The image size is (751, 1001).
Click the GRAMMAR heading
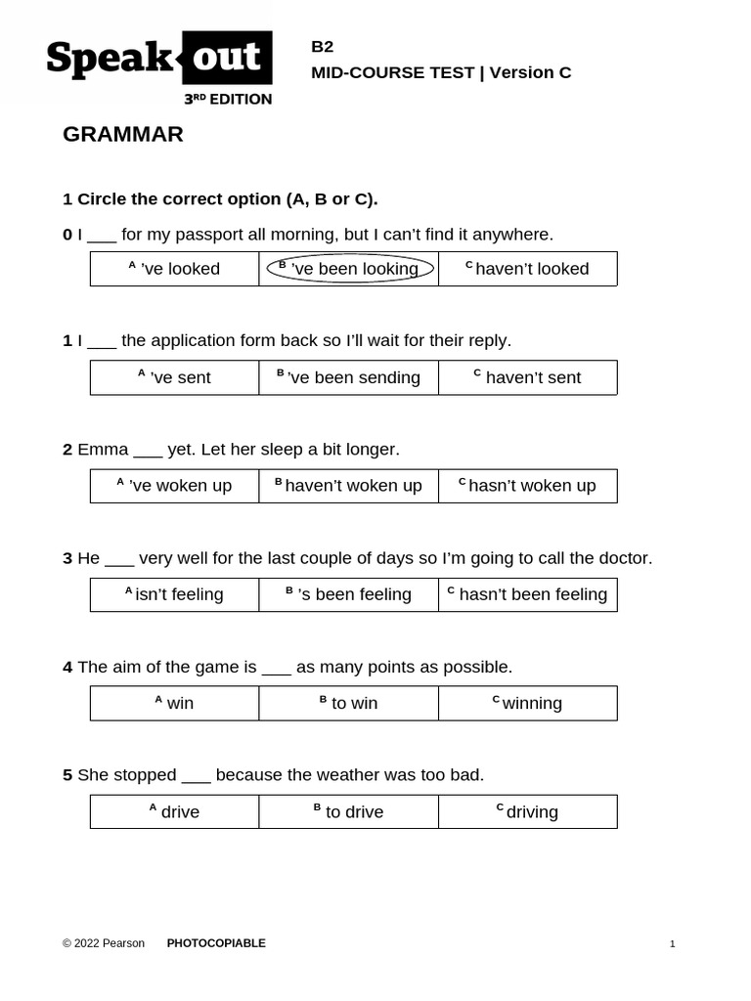123,135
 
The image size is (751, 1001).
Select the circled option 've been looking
350,269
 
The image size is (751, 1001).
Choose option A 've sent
175,377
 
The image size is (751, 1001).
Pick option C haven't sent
528,377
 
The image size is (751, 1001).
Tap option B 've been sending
349,377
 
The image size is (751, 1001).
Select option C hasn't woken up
528,486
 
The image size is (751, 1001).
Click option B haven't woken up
349,486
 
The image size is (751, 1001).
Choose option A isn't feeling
175,594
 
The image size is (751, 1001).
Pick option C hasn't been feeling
528,594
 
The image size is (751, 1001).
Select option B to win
349,703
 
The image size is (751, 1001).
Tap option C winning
528,703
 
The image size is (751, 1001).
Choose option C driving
528,811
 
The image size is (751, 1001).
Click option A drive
175,811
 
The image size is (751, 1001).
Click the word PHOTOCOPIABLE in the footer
216,943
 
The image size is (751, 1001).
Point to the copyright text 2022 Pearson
104,943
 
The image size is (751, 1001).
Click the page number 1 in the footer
673,944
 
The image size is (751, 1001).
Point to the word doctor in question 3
622,558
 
